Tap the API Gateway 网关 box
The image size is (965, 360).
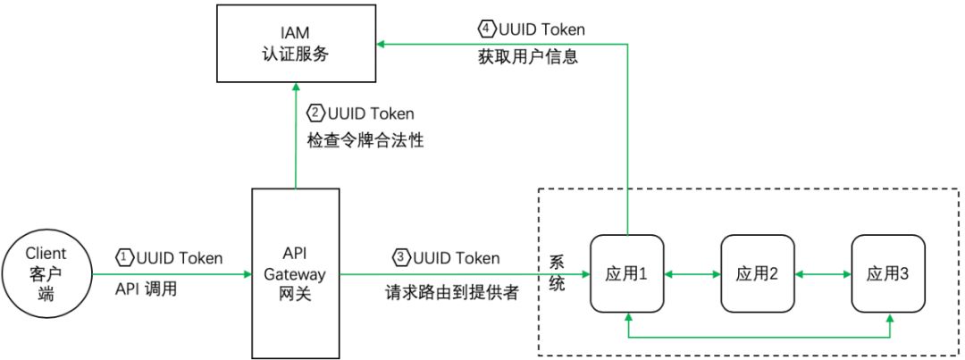tap(295, 272)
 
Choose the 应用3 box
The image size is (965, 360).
tap(887, 274)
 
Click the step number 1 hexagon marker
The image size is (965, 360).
tap(124, 258)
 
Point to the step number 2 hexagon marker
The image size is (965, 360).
tap(315, 114)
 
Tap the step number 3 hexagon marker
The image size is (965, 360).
tap(401, 258)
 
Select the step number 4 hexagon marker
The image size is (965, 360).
tap(486, 29)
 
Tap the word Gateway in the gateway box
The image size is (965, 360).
tap(295, 272)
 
